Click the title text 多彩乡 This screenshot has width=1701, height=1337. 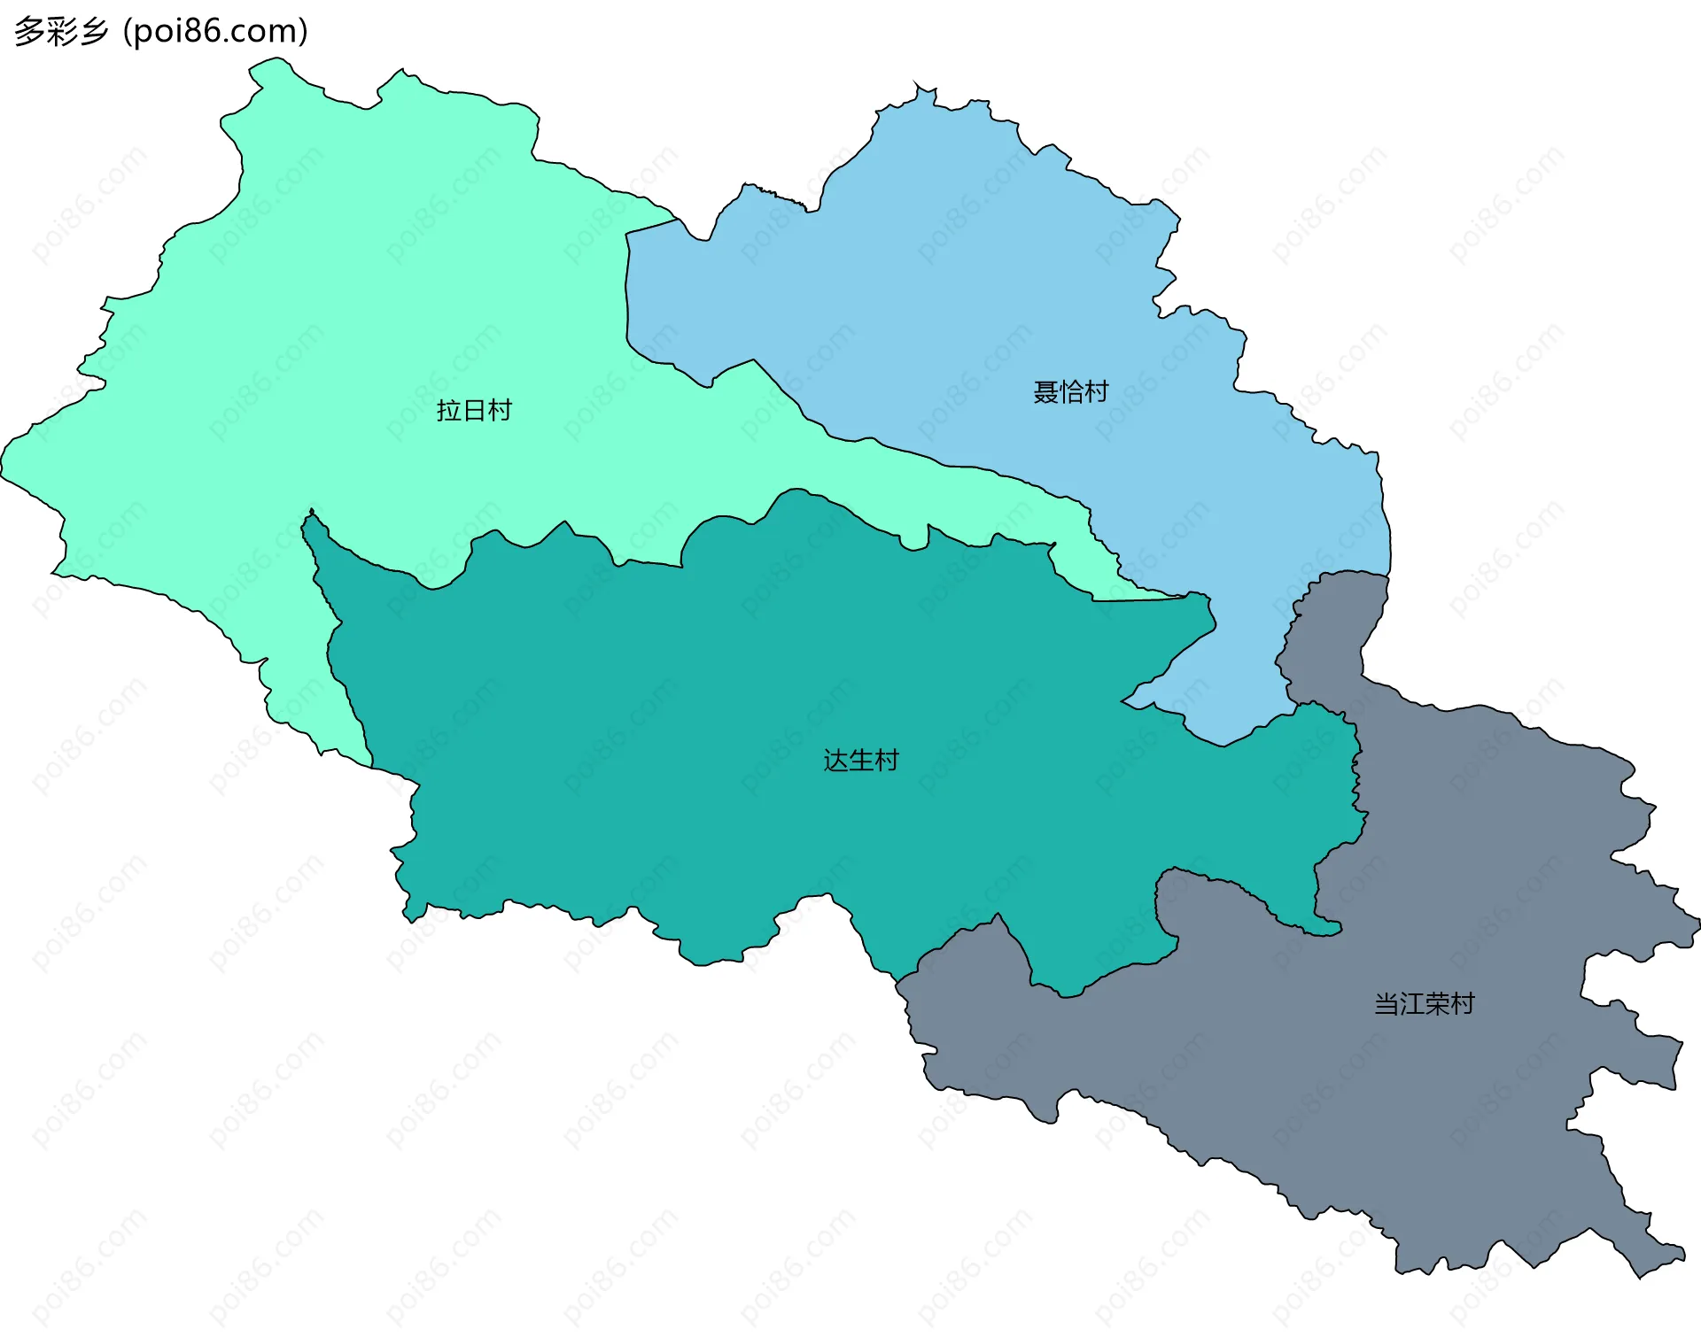coord(60,31)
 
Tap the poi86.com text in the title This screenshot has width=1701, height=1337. coord(215,31)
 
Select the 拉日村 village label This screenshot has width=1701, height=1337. coord(474,410)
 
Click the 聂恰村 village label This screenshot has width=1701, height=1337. coord(1070,391)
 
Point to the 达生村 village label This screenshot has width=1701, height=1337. coord(860,760)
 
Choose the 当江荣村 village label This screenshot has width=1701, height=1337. coord(1424,1003)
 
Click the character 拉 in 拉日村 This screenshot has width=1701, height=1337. coord(449,410)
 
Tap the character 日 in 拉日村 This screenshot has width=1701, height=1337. coord(474,410)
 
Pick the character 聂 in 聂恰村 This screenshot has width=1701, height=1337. coord(1045,391)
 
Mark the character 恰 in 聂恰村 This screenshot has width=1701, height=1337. coord(1071,391)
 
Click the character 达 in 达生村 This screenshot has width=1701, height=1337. coord(835,760)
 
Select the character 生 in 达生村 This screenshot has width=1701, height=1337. coord(861,760)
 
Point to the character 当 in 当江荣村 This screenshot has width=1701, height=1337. coord(1386,1003)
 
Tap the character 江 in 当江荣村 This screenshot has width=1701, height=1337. coord(1411,1003)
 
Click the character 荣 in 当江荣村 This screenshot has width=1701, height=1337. coord(1437,1003)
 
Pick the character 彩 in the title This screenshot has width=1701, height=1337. coord(60,31)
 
